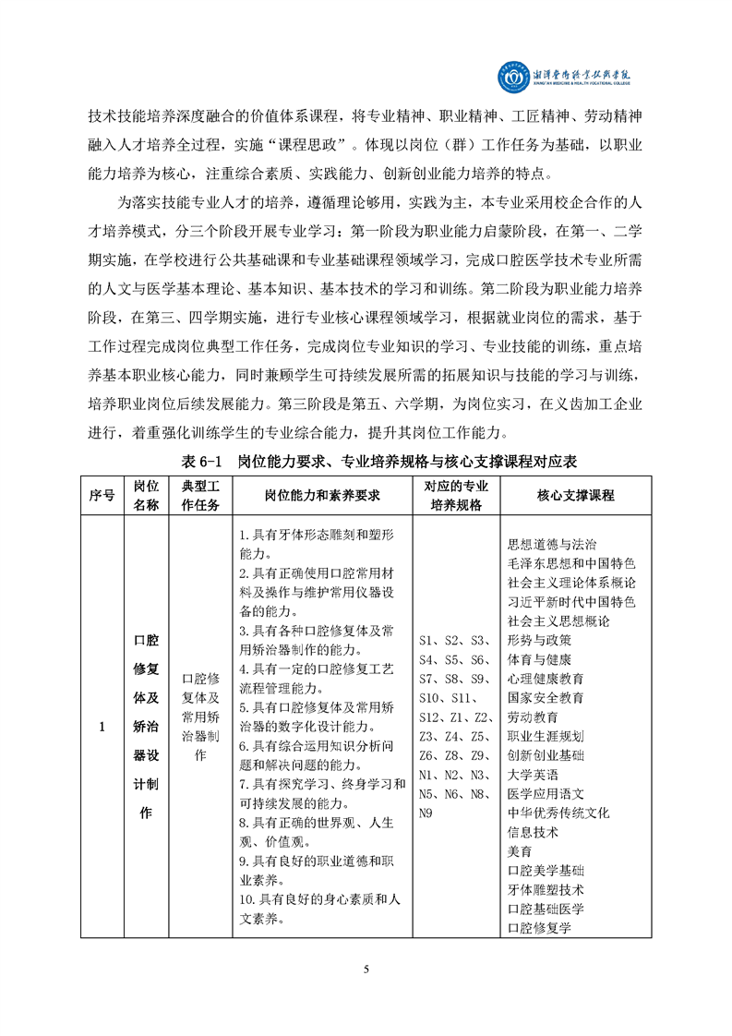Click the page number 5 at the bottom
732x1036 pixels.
366,969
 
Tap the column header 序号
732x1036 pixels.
102,496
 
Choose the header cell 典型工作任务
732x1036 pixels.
199,496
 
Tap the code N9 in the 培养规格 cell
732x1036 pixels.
426,813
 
